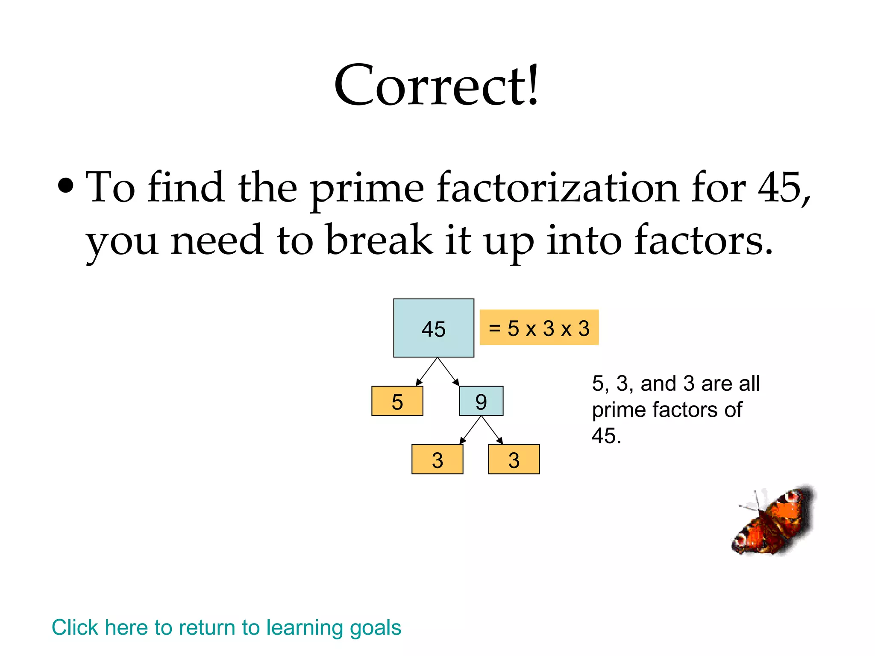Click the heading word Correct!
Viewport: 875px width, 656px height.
point(437,85)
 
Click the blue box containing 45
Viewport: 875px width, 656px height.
point(433,328)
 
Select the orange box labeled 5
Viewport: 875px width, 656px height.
point(397,401)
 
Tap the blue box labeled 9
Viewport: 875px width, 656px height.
point(481,401)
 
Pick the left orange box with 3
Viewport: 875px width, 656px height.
point(437,460)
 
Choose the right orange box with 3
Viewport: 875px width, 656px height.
point(514,460)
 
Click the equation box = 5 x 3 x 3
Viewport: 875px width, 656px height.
point(539,328)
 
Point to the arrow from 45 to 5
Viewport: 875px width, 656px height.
point(426,372)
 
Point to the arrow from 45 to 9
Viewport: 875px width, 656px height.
point(449,372)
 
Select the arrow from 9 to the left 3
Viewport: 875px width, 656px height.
point(470,430)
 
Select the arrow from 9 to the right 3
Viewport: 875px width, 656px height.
point(492,430)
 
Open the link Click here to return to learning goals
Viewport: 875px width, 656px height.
point(226,627)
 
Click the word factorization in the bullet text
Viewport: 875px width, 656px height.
point(558,188)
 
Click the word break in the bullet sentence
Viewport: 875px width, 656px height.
point(379,240)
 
